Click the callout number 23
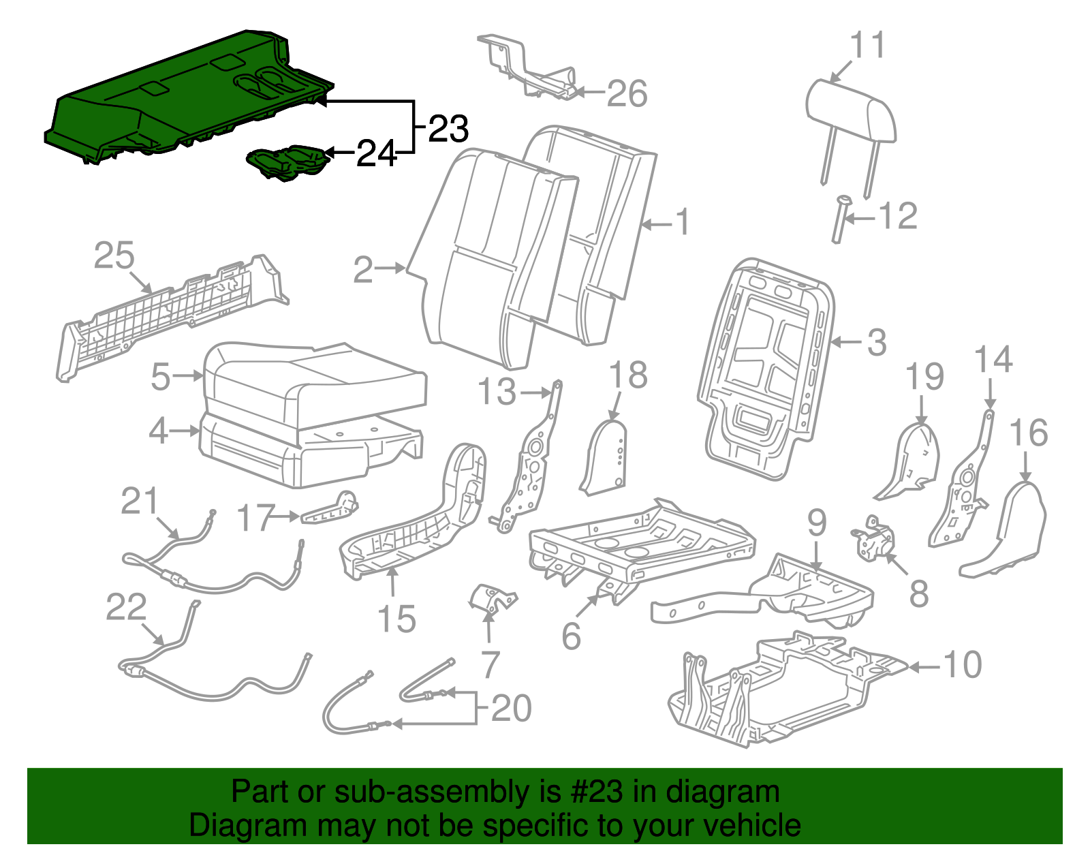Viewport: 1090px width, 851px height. click(x=448, y=129)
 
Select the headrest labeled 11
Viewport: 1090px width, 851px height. click(x=851, y=112)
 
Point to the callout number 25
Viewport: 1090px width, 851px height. click(x=114, y=256)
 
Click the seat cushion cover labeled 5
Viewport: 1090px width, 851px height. click(x=313, y=385)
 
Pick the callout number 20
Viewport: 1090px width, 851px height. click(x=510, y=709)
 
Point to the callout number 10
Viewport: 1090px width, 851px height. click(x=963, y=664)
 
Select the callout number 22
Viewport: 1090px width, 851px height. click(x=126, y=607)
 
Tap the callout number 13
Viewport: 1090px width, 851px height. click(x=497, y=392)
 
